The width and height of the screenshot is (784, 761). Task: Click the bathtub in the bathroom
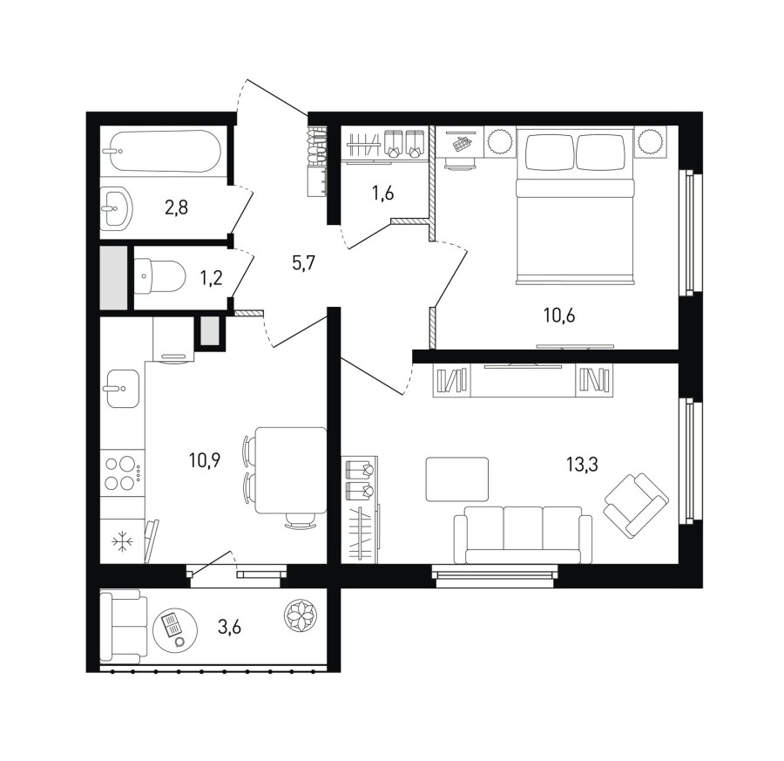160,151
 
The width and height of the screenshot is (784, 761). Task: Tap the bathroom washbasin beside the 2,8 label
117,207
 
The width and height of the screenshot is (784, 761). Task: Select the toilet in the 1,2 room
160,275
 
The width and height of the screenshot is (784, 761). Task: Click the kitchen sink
123,389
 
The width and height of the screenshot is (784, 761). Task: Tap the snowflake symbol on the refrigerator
120,542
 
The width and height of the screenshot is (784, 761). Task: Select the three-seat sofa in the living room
523,535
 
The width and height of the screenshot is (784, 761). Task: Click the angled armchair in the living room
637,505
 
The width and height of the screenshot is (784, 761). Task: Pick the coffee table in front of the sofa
457,479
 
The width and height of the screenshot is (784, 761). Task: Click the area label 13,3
582,465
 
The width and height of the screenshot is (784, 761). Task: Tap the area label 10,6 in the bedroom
559,316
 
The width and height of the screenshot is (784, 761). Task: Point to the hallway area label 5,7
303,262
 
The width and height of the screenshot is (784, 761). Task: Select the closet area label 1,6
382,193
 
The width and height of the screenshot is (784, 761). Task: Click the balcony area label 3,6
229,626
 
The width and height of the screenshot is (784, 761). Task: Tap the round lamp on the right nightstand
651,141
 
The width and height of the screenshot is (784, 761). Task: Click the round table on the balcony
175,628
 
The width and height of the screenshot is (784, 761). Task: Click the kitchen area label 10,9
205,459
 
